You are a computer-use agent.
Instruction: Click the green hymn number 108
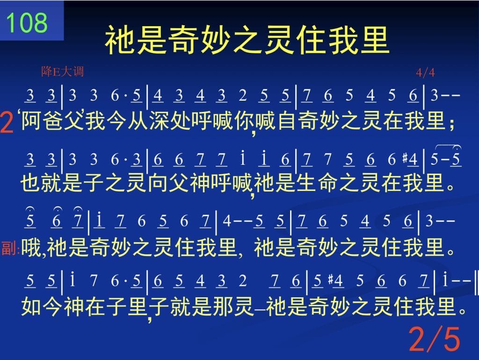coord(27,22)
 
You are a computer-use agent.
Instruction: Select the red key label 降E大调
coord(62,72)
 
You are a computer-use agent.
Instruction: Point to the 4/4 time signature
coord(425,73)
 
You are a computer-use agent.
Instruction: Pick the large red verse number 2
coord(7,122)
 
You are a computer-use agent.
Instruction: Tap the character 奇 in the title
coord(183,40)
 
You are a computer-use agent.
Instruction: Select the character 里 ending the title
coord(374,40)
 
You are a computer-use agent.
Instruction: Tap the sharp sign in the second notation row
coord(405,158)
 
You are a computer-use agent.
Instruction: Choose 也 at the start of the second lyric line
coord(30,183)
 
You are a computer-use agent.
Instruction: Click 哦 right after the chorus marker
coord(31,247)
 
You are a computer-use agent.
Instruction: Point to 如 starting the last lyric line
coord(31,307)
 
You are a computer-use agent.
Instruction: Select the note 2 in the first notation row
coord(243,96)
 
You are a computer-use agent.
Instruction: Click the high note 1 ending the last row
coord(445,279)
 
